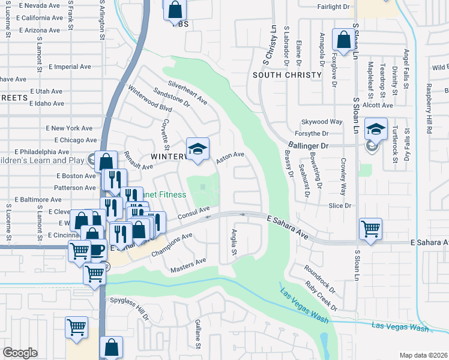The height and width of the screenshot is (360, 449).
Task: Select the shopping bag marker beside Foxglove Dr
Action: (345, 41)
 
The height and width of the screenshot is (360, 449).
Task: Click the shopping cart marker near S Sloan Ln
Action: (370, 229)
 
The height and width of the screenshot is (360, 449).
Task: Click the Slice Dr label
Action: (340, 205)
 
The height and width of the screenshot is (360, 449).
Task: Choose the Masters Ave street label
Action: (188, 264)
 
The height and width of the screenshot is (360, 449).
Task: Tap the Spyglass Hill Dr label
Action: (128, 308)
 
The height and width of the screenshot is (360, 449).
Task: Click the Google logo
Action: (20, 352)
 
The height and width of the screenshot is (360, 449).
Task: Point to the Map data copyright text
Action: (423, 355)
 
